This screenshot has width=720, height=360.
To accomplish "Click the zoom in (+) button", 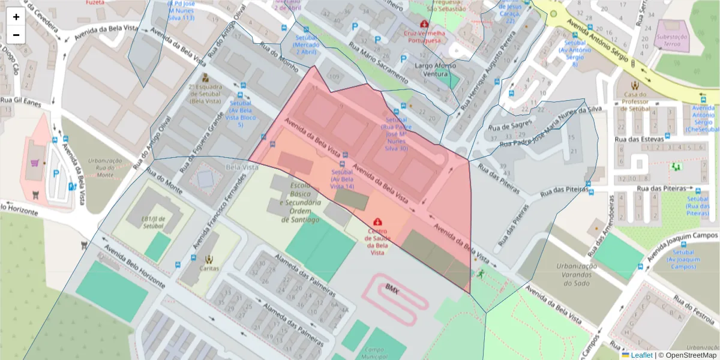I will pyautogui.click(x=16, y=17).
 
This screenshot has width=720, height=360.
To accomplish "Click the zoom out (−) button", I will pyautogui.click(x=16, y=35).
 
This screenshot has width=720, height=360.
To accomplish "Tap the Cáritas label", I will pyautogui.click(x=209, y=269).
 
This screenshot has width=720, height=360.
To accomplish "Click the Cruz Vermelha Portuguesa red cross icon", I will pyautogui.click(x=425, y=24).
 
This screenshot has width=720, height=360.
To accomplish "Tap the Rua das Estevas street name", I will pyautogui.click(x=643, y=139).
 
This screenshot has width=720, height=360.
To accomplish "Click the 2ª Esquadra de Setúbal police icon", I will pyautogui.click(x=205, y=78).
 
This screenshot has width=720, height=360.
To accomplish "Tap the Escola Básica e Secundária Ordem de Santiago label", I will pyautogui.click(x=300, y=203).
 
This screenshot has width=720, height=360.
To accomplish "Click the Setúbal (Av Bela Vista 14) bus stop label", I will pyautogui.click(x=343, y=179).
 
